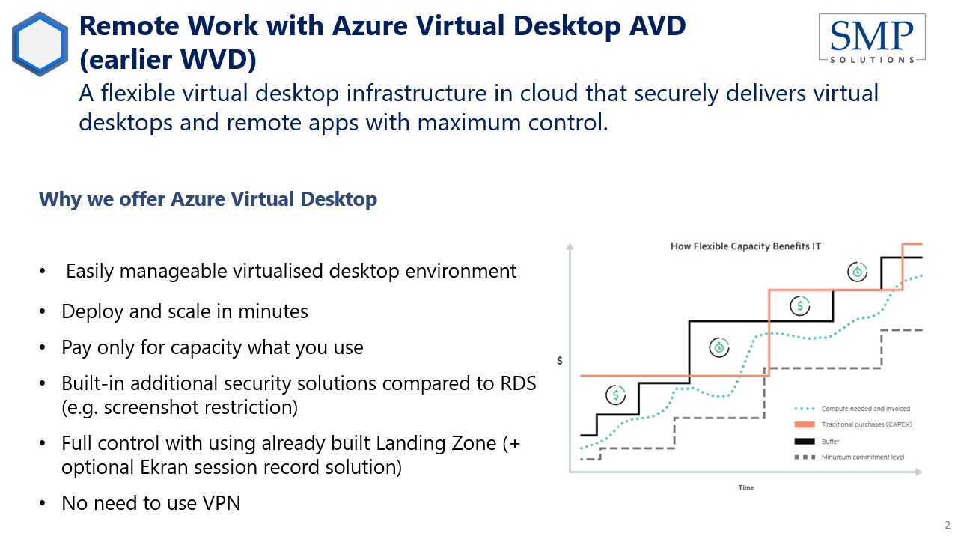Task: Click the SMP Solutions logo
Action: pos(872,39)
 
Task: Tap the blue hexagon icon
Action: pos(40,44)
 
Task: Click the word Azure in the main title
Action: pos(370,25)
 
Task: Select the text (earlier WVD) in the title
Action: pos(168,59)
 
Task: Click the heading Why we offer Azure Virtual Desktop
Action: pos(208,199)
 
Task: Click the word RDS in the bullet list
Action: pos(518,383)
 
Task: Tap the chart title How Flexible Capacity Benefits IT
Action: pos(745,246)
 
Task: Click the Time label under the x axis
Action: pos(746,487)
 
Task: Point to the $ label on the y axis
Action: pos(559,361)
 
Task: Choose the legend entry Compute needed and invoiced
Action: pos(852,409)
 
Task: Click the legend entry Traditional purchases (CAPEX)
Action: pos(853,424)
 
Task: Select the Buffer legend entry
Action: pos(817,442)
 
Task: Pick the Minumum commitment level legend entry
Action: pos(849,457)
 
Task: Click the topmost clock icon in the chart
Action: pos(857,272)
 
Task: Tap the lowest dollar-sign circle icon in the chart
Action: pos(615,395)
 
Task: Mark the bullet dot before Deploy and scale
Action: pos(42,311)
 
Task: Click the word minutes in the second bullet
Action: pos(273,311)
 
